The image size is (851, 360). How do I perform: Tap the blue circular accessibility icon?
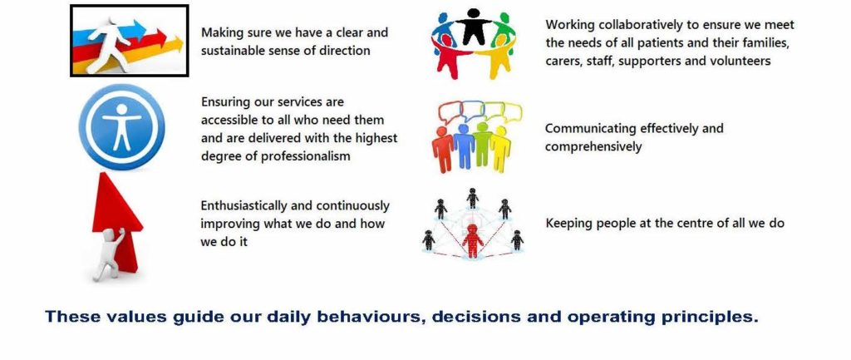(121, 127)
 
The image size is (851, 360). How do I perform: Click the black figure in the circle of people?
(473, 26)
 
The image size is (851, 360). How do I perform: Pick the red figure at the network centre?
(473, 240)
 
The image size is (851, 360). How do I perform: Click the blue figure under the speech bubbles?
(464, 146)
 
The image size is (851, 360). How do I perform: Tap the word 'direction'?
(342, 51)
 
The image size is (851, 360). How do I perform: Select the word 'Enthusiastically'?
(244, 206)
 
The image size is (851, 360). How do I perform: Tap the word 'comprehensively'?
(593, 146)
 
